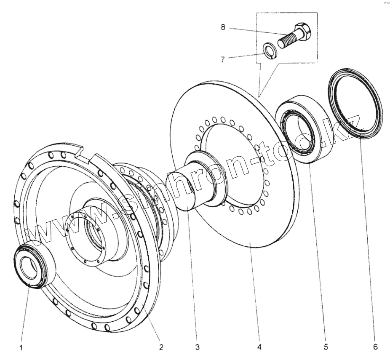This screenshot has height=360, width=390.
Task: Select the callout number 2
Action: pos(161,348)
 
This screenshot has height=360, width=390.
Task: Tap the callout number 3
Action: pos(197,348)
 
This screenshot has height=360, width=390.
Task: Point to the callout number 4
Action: pos(259,348)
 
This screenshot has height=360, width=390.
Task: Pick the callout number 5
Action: pos(326,348)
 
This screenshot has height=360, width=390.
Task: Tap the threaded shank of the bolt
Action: pos(286,40)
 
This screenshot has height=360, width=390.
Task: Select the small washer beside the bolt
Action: pos(268,50)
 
